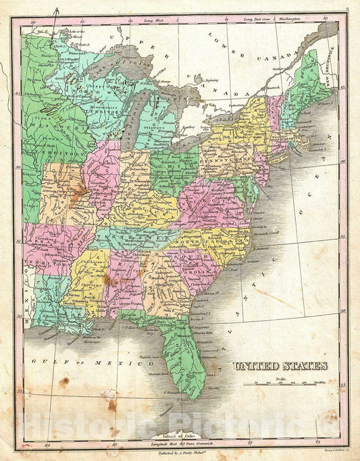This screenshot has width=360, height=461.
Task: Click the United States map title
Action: click(280, 366)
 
